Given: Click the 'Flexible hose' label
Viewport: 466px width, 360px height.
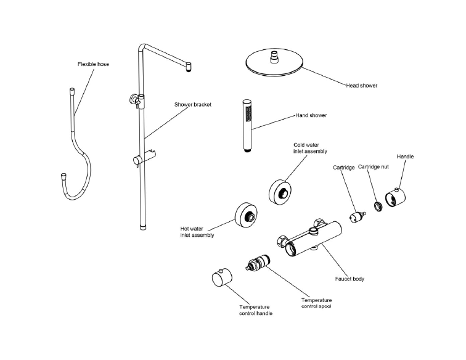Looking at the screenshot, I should (x=94, y=63).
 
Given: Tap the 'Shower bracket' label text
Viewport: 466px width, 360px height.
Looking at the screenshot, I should (x=193, y=105).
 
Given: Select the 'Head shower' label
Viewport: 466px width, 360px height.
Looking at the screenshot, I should (x=362, y=86).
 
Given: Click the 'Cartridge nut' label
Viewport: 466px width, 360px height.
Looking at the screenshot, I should (x=372, y=167).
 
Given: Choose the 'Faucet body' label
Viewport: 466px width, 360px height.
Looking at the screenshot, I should (x=349, y=279).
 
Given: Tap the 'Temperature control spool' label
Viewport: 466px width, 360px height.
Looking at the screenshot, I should (x=317, y=303).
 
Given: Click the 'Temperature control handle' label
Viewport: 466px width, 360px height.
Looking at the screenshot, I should (x=256, y=310).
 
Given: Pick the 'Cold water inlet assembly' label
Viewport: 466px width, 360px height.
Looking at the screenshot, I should (x=309, y=147).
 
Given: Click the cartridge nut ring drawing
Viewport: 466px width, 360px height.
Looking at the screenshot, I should (x=377, y=206).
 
